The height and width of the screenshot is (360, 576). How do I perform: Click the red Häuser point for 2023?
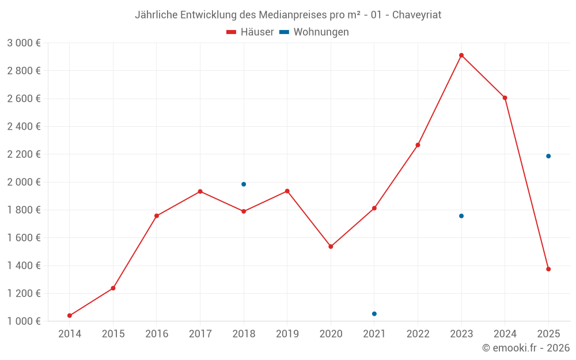coord(461,55)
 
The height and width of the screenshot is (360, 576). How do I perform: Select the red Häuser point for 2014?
coord(70,316)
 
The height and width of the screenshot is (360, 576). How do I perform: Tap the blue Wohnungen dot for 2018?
coord(244,184)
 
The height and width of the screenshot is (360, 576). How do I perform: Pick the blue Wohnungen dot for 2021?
coord(374,314)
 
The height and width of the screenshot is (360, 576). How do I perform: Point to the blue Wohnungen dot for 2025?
coord(548,156)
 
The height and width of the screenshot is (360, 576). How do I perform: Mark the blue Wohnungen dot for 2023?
coord(461,216)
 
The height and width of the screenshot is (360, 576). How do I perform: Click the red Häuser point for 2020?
coord(331,247)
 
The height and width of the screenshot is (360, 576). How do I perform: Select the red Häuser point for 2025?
coord(548,269)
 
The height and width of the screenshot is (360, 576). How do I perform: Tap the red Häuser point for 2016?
coord(157,216)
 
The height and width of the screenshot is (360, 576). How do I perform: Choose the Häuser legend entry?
coord(250,32)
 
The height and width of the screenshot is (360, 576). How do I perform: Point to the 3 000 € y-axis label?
coord(24,43)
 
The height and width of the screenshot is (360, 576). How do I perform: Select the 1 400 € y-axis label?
coord(24,266)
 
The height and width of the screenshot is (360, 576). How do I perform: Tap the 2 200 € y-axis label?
coord(24,154)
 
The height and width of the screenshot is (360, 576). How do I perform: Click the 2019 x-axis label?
coord(287,334)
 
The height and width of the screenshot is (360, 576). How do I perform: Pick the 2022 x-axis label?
coord(418,334)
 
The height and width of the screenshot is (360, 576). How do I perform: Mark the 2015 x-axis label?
coord(113,334)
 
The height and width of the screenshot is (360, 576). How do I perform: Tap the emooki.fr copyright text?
coord(525,348)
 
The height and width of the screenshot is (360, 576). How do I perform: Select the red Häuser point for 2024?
coord(505,98)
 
